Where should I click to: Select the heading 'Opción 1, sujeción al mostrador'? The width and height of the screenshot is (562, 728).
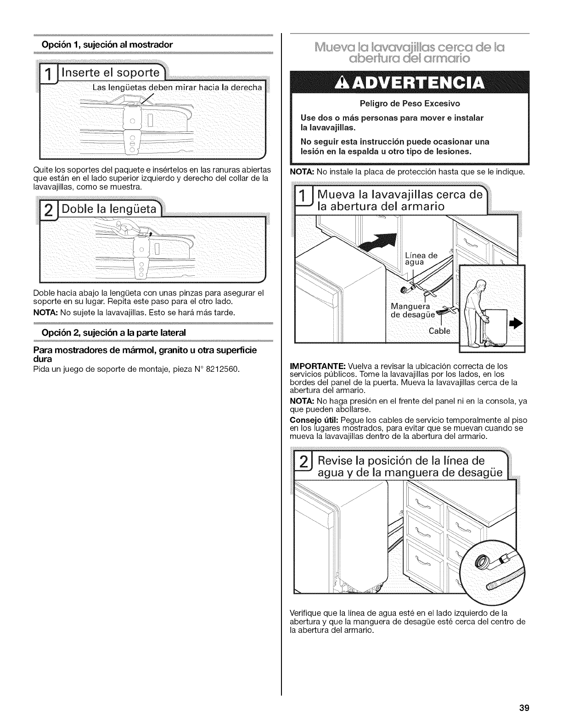(107, 45)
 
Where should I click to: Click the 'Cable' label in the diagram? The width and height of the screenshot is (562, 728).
(439, 331)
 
